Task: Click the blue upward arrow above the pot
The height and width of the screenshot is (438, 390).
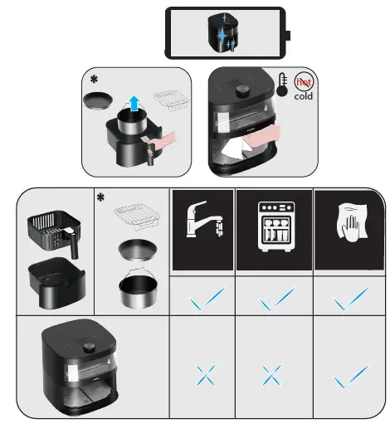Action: tap(134, 104)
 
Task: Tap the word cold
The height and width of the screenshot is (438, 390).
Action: tap(304, 96)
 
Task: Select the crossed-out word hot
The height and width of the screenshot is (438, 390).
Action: tap(304, 82)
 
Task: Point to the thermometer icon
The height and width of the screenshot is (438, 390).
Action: tap(282, 85)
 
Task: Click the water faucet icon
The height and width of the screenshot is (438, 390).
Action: tap(205, 219)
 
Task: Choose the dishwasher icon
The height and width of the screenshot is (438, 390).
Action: tap(276, 226)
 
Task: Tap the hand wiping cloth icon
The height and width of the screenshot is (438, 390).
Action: tap(352, 221)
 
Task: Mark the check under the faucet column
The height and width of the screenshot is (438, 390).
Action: tap(207, 299)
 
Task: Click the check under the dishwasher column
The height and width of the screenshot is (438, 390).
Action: tap(276, 299)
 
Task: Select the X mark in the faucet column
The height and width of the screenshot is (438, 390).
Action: tap(206, 376)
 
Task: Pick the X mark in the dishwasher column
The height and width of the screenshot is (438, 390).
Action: tap(272, 376)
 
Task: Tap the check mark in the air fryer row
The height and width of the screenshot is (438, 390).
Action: tap(351, 377)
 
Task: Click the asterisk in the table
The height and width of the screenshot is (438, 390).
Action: tap(100, 197)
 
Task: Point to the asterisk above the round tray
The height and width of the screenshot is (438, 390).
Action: tap(94, 80)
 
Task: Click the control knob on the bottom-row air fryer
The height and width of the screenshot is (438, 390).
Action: tap(89, 348)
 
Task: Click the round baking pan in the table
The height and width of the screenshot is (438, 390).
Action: tap(138, 250)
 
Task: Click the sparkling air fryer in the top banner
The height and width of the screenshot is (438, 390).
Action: tap(222, 33)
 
